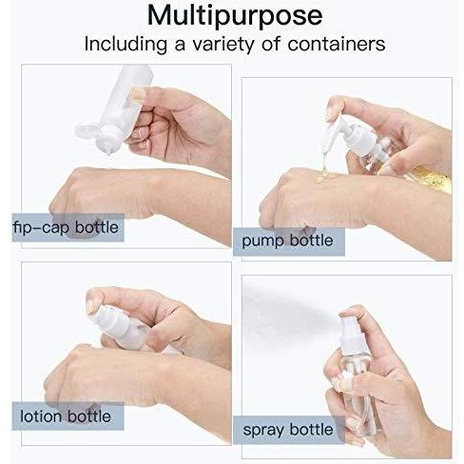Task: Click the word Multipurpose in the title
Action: click(x=235, y=16)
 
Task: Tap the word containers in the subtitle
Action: click(x=337, y=44)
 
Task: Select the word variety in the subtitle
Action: click(x=223, y=45)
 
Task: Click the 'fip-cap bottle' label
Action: click(x=66, y=227)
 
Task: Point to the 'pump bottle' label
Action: click(x=287, y=241)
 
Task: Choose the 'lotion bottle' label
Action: click(x=66, y=416)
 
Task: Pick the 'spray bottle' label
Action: click(x=288, y=430)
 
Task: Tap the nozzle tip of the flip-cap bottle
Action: click(x=109, y=152)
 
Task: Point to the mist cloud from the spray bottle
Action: click(x=285, y=312)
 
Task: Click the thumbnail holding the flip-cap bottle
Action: click(x=138, y=94)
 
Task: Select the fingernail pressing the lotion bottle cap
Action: click(x=90, y=303)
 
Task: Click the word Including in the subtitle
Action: click(x=126, y=45)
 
